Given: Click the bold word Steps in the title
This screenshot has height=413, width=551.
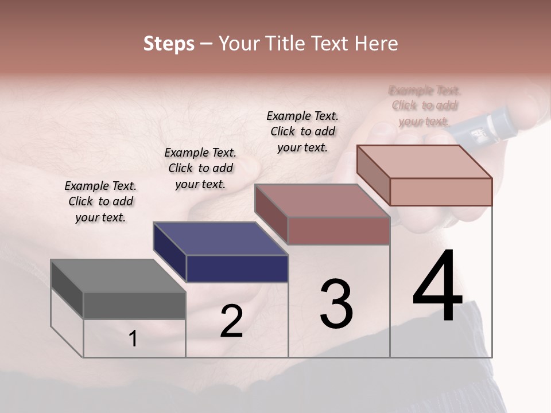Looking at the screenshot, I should tap(168, 44).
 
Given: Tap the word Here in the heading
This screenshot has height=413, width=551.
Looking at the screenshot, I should tap(376, 44).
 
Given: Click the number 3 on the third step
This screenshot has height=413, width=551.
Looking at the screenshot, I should tap(336, 304).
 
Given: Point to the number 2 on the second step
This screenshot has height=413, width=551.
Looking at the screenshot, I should tap(231, 322).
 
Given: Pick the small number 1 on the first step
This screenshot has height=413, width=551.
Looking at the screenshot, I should tap(133, 338).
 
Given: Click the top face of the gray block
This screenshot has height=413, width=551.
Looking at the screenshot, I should tap(118, 275).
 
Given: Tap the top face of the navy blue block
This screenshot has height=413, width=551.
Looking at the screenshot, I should tap(220, 239).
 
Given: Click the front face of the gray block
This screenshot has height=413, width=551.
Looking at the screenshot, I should tap(134, 305).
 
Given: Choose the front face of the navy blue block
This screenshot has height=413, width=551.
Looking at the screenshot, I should tap(237, 268).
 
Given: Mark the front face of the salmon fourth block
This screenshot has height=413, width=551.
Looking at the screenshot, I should tap(441, 192).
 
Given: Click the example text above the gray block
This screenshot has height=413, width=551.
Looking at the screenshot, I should tap(100, 201).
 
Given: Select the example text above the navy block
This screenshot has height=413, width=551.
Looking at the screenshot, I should tap(200, 168).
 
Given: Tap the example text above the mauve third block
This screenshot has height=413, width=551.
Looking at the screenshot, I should tap(302, 131).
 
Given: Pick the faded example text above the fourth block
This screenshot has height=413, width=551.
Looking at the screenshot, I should tap(425, 106).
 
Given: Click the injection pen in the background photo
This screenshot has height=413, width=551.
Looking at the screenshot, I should tap(482, 129).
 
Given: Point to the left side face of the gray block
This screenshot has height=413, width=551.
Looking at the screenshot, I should tap(67, 289).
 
